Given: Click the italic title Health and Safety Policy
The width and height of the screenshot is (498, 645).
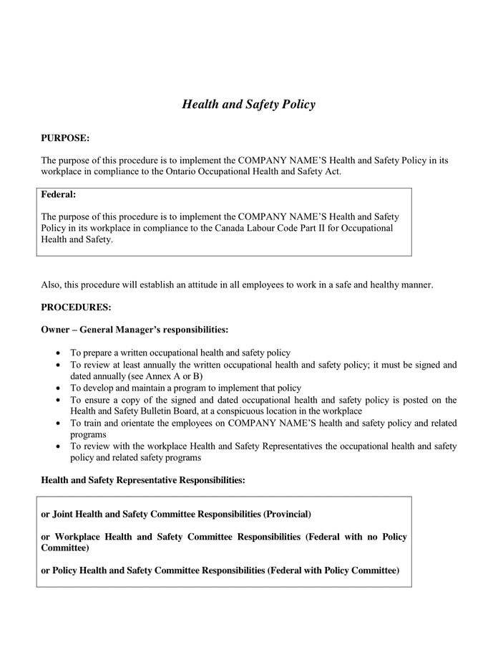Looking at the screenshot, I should click(x=248, y=105).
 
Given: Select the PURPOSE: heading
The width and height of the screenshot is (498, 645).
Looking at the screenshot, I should click(x=65, y=138).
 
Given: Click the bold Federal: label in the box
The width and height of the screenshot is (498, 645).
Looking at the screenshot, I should click(x=59, y=194).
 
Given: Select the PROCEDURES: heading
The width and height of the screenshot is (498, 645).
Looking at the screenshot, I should click(x=76, y=307).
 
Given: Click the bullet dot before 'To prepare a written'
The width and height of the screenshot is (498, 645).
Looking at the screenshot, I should click(x=58, y=353).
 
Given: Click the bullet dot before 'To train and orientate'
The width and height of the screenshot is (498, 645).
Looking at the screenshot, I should click(x=58, y=423).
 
